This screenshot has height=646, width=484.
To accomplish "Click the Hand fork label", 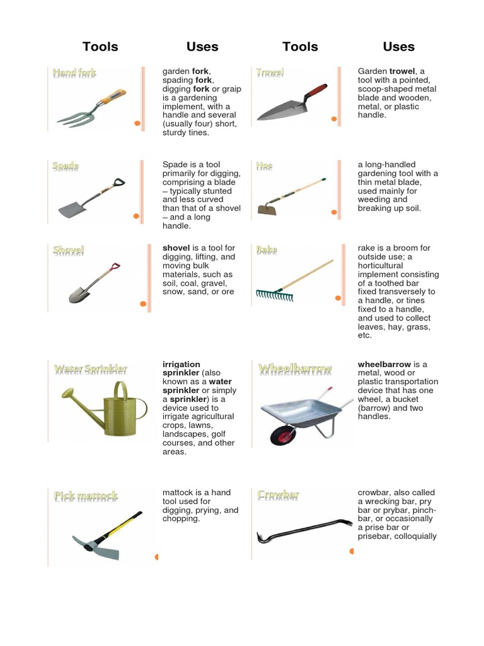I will pos(74,73).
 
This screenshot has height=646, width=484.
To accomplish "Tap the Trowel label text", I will pos(270,73).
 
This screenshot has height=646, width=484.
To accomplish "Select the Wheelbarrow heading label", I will pos(295,368).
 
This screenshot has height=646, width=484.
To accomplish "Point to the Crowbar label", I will pos(278,495).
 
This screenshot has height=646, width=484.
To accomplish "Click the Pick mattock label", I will pos(86,496).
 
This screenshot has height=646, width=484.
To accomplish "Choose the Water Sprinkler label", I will pos(91,368).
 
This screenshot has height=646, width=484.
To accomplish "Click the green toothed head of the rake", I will pos(275,295).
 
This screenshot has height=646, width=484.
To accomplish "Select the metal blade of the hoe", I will pos(267,209).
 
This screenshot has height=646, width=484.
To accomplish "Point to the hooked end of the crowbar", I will pos(260,538).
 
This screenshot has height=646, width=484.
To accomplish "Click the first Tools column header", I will pos(100,47).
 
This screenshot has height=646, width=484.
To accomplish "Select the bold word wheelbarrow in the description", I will pos(384,365).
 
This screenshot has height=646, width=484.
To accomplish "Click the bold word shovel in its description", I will pos(176,248).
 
